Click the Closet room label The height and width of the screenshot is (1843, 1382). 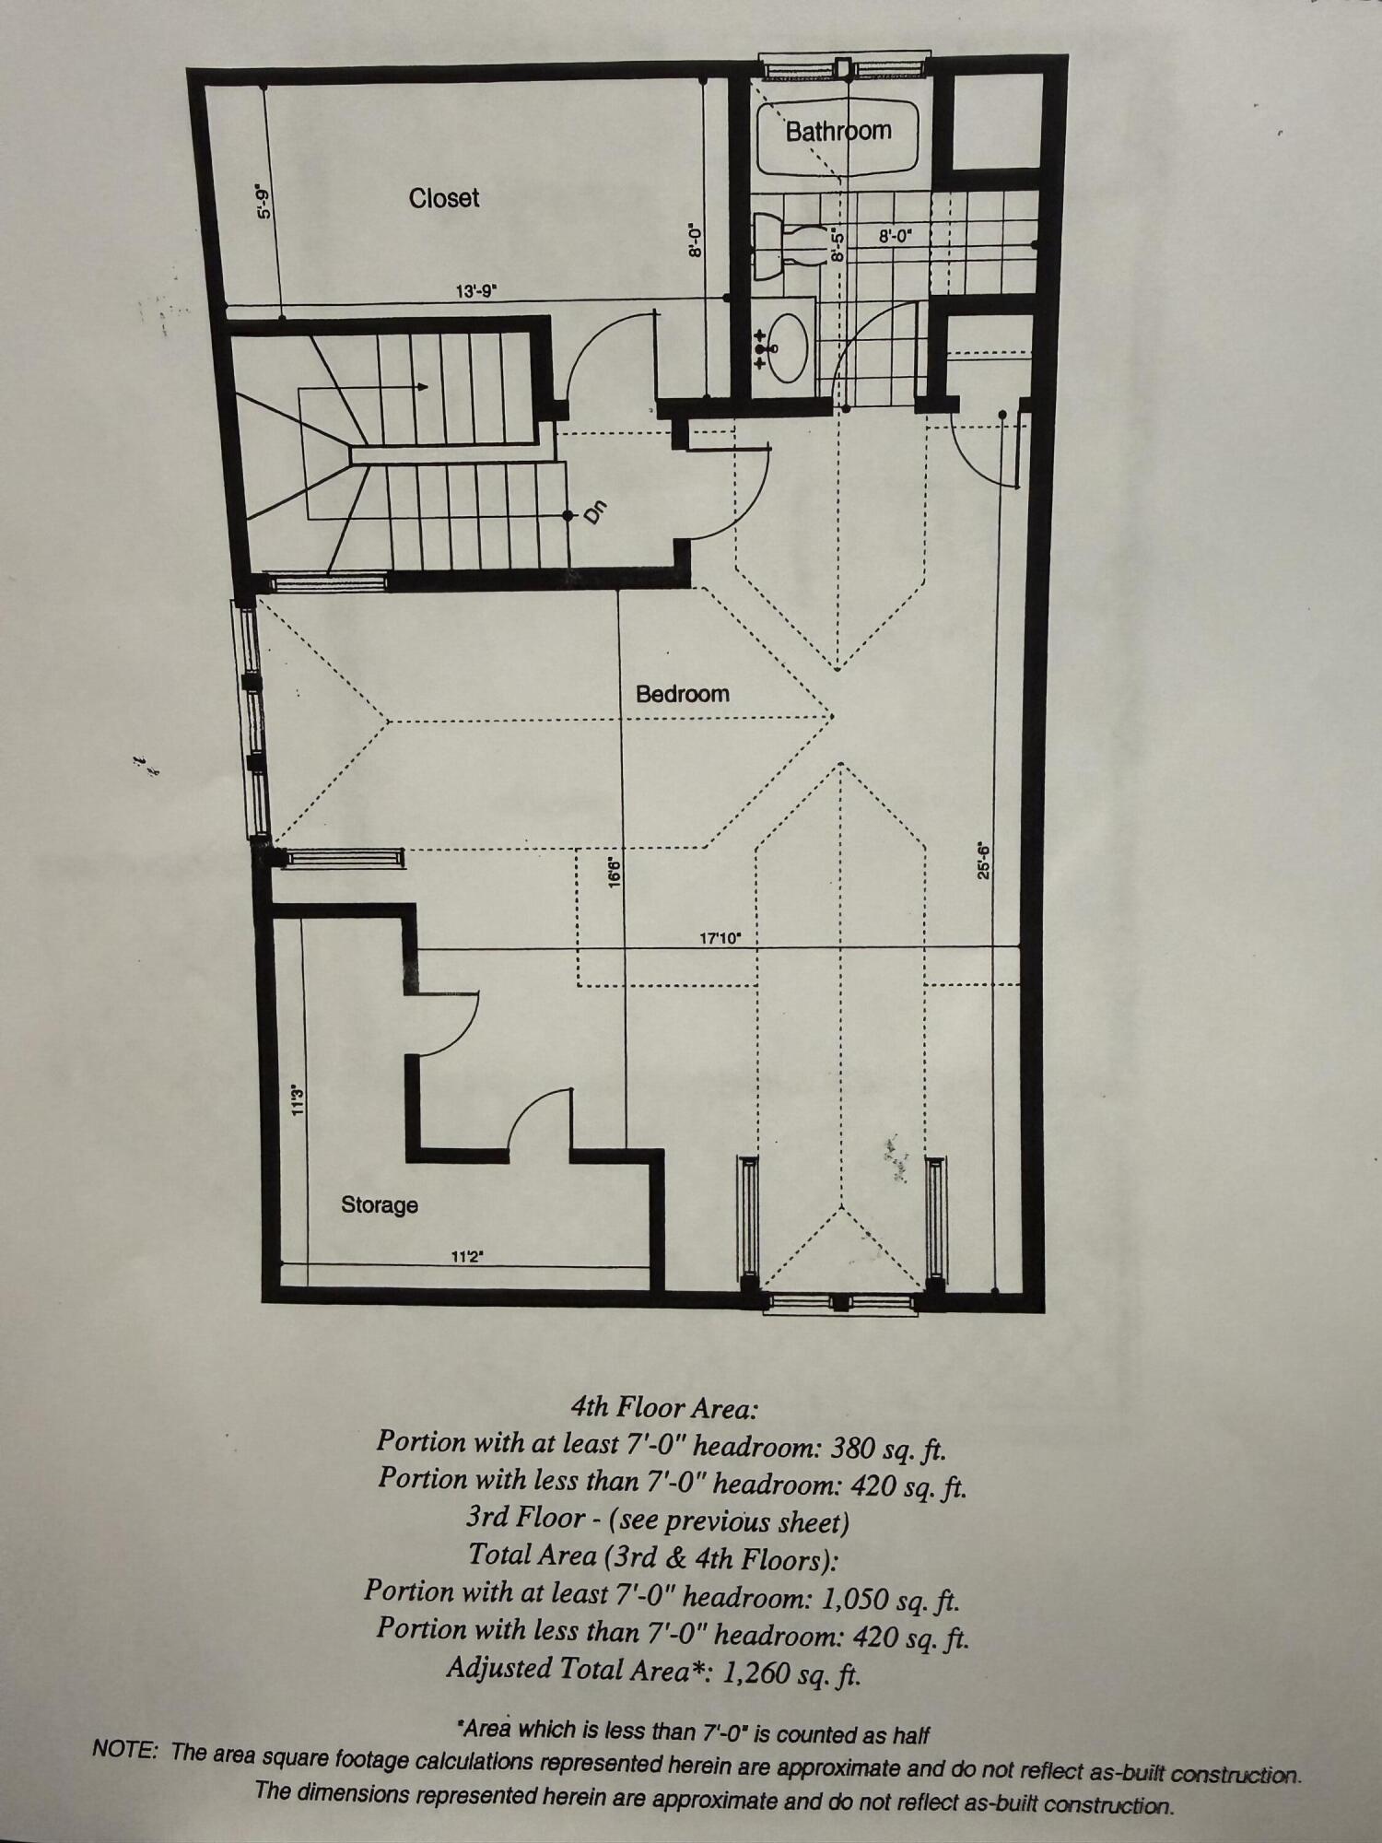pyautogui.click(x=444, y=198)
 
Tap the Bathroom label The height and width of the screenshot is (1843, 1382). pyautogui.click(x=838, y=131)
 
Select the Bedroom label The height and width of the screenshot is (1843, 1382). pyautogui.click(x=682, y=694)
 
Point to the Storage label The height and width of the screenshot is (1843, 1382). pyautogui.click(x=380, y=1204)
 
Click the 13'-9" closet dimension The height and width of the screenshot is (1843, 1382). pyautogui.click(x=476, y=291)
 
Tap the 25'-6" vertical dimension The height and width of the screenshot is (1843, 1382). pyautogui.click(x=984, y=862)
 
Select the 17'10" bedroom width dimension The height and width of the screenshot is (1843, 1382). pyautogui.click(x=720, y=939)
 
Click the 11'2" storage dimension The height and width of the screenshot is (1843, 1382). pyautogui.click(x=468, y=1255)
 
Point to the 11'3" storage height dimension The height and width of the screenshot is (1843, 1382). pyautogui.click(x=298, y=1100)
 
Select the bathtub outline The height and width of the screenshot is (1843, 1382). pyautogui.click(x=837, y=138)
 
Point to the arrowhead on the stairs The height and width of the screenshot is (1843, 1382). pyautogui.click(x=423, y=387)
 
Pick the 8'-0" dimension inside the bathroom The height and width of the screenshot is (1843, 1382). pyautogui.click(x=895, y=236)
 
